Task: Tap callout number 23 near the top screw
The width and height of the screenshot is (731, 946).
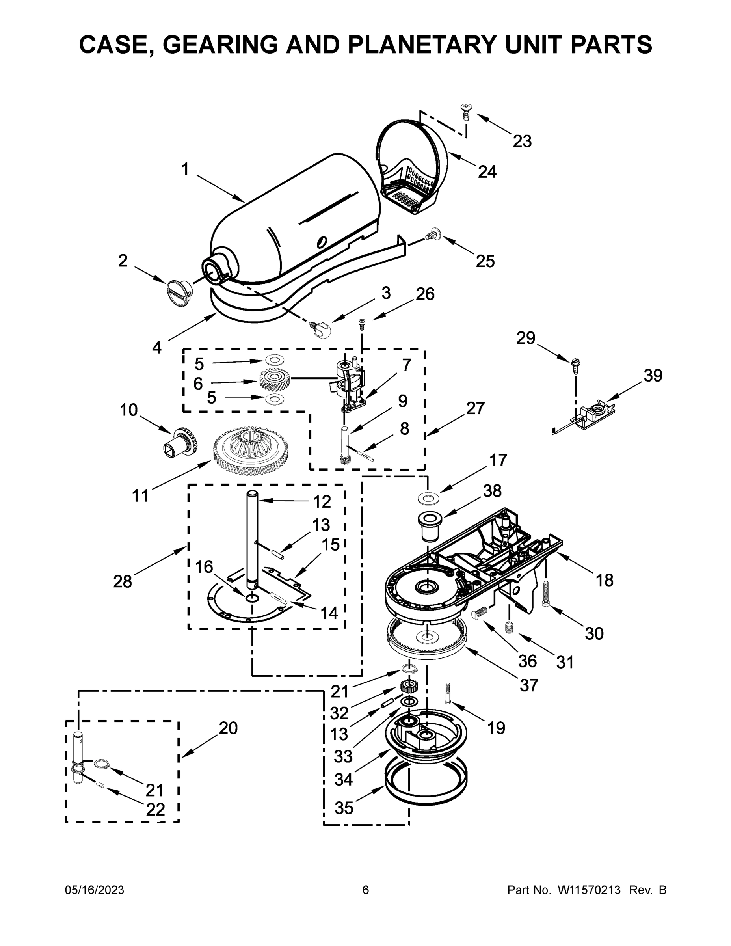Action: (x=522, y=141)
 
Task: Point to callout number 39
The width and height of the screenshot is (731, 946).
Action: (x=653, y=375)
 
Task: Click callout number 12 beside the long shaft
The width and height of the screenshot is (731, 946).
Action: (x=322, y=502)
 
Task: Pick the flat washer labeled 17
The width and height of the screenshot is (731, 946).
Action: (x=429, y=499)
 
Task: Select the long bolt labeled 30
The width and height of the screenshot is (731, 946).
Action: (x=546, y=593)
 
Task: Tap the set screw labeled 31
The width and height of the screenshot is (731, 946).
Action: (x=509, y=627)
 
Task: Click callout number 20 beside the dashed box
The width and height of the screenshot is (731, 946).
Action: (x=228, y=728)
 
